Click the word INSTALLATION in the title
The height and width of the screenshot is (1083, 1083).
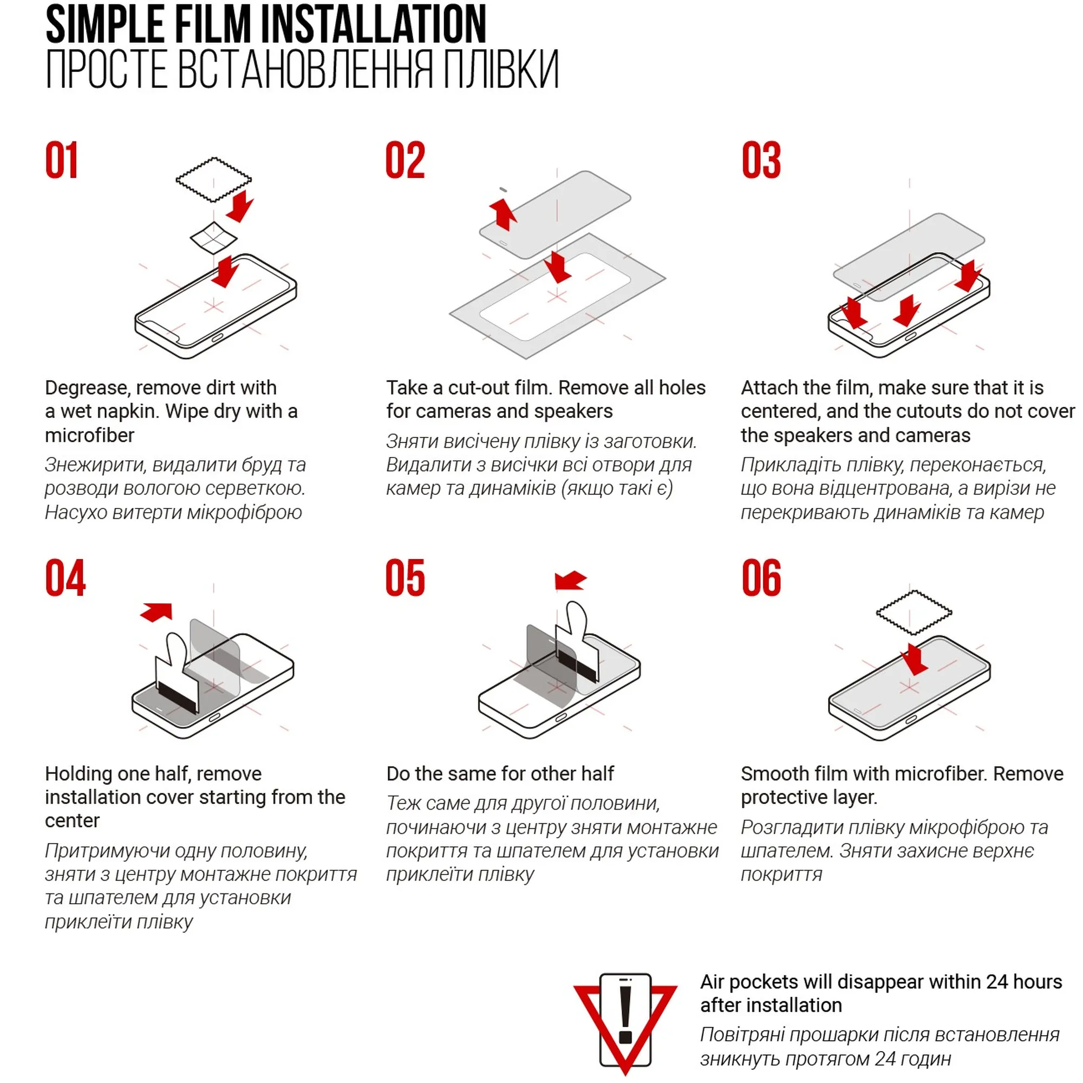point(373,24)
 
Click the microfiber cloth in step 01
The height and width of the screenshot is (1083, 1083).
point(213,179)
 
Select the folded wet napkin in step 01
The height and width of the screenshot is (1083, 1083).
point(213,238)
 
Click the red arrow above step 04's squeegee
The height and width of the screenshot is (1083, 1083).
point(156,611)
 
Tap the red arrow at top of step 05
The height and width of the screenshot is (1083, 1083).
point(571,580)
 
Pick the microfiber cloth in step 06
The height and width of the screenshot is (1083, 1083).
point(914,612)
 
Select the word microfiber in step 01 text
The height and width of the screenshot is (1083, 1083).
point(90,435)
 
